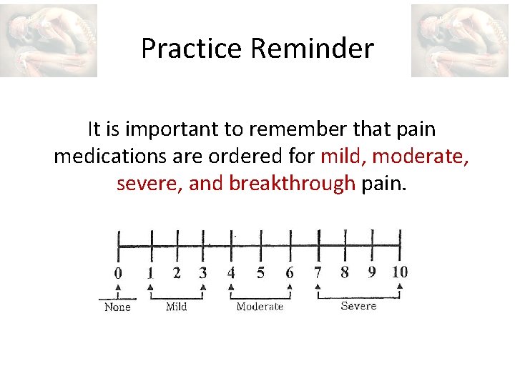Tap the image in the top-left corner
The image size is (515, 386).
tap(49, 41)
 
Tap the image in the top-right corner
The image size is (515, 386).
tap(459, 41)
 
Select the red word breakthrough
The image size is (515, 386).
tap(292, 184)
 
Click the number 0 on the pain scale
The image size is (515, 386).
tap(118, 272)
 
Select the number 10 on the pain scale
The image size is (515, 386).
tap(399, 272)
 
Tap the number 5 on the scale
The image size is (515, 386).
tap(260, 272)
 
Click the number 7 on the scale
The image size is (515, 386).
tap(318, 272)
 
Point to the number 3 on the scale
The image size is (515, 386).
tap(203, 272)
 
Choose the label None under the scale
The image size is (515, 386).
tap(117, 307)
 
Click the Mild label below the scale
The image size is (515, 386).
tap(176, 307)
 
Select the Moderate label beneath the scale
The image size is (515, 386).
tap(260, 307)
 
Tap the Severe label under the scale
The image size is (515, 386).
tap(358, 306)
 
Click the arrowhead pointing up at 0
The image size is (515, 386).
tap(118, 287)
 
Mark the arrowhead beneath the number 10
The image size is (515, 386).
tap(400, 287)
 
